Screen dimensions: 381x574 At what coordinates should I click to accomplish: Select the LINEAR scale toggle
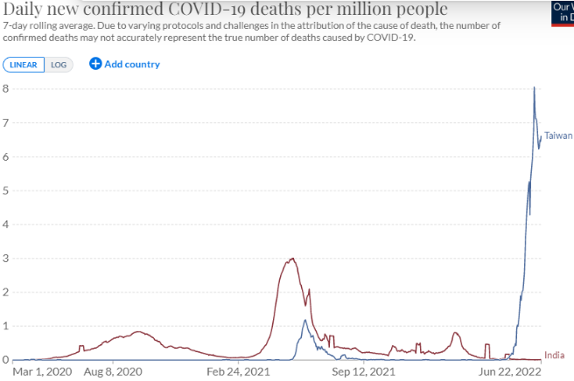23,65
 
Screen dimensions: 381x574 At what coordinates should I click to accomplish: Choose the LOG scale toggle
59,65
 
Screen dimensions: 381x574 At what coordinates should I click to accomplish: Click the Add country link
131,64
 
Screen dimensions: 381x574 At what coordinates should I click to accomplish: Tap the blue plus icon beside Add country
95,64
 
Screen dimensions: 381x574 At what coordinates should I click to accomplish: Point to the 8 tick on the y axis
5,89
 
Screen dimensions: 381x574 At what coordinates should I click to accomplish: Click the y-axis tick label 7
5,123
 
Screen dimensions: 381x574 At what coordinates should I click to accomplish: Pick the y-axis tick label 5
5,190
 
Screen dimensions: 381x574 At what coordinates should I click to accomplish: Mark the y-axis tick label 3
5,259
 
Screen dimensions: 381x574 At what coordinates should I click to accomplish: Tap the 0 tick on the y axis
5,360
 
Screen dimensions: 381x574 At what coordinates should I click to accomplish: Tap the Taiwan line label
558,135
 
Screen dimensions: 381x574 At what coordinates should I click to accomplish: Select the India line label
554,355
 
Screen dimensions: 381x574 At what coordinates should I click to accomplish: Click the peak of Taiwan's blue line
535,87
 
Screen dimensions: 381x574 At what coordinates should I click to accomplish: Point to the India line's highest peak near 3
291,259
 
